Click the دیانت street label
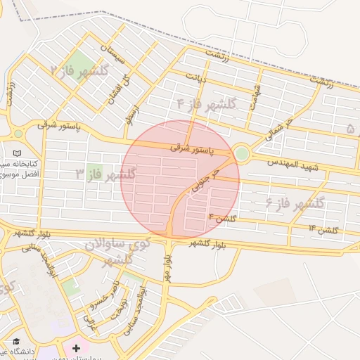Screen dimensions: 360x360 (196, 77)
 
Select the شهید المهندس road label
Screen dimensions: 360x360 (293, 166)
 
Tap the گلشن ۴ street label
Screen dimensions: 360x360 (220, 219)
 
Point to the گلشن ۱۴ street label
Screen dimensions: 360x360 (323, 229)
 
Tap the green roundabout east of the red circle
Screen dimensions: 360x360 (241, 153)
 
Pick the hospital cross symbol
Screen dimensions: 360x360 (76, 348)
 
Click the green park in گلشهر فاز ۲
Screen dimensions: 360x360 (83, 61)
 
